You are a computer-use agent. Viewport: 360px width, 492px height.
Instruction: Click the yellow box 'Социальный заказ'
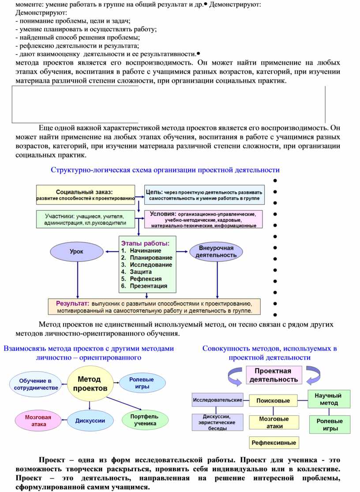pos(85,195)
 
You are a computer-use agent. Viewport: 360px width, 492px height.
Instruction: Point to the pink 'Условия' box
pos(203,219)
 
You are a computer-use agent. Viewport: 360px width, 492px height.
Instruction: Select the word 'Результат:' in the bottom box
pos(73,304)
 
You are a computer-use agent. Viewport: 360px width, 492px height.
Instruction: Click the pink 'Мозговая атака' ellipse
pos(38,421)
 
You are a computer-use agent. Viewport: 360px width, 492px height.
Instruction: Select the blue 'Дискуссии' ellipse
pos(90,421)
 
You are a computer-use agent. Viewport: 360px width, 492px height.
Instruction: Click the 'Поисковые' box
pos(273,401)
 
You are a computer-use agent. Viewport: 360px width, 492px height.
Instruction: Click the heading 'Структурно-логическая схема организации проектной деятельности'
pos(165,170)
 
